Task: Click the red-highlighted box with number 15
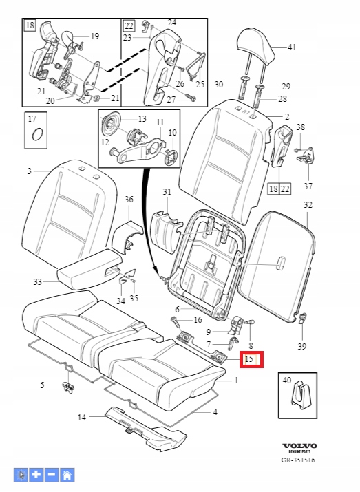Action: point(251,359)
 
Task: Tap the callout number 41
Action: point(292,47)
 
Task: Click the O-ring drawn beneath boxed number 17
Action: point(37,136)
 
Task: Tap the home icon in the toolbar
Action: point(67,475)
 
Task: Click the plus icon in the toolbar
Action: point(36,475)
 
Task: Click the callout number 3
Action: point(29,171)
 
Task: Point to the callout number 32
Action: point(308,205)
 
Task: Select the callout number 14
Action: point(82,417)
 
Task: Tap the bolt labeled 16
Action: point(176,321)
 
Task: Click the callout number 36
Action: point(129,200)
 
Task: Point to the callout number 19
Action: point(94,36)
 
